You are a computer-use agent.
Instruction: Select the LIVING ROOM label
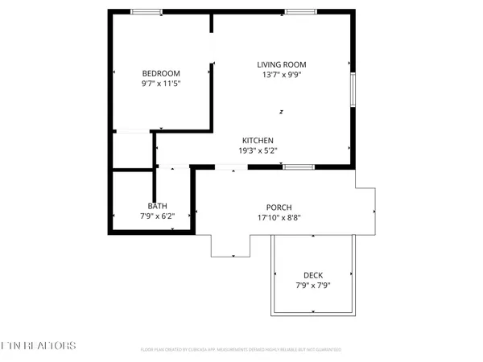282,65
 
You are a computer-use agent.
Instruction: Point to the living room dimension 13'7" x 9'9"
282,76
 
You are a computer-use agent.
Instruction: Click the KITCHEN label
257,140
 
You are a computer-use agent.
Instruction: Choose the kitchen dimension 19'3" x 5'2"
257,150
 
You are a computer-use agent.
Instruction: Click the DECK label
313,274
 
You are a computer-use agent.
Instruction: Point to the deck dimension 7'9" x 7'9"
313,285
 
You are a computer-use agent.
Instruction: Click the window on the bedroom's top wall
147,11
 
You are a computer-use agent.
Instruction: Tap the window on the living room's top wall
299,11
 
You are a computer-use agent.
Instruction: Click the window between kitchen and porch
299,167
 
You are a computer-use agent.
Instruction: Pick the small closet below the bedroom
132,150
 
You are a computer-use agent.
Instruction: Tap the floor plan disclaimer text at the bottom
242,350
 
